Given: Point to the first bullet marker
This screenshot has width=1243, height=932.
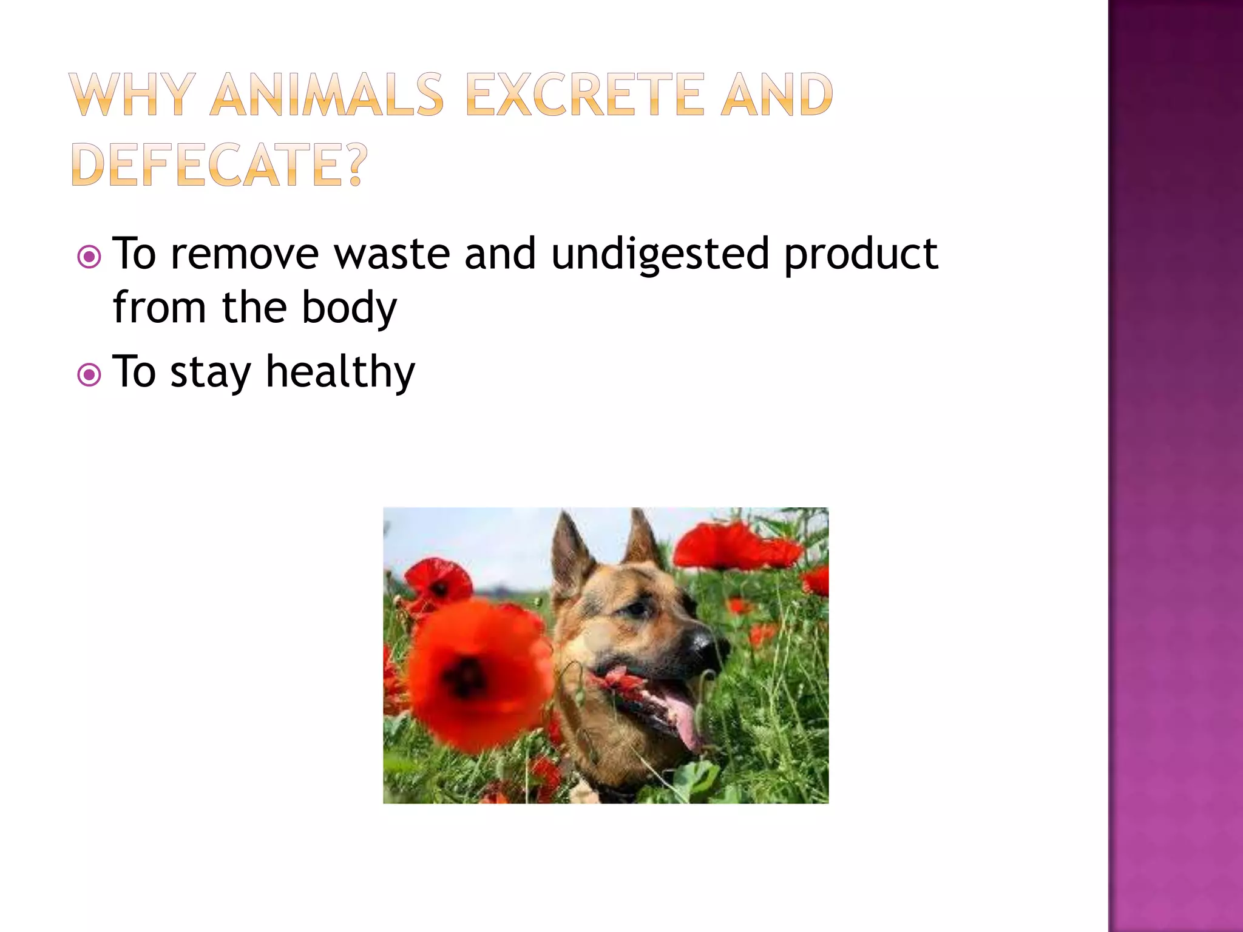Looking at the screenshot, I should (89, 257).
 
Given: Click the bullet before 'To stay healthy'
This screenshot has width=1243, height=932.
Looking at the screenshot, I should (89, 375).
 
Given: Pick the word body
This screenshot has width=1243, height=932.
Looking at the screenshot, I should (350, 308).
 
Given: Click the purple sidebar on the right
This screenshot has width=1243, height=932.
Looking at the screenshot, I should (1175, 466).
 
